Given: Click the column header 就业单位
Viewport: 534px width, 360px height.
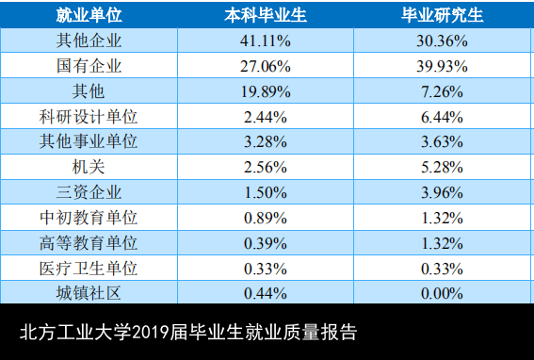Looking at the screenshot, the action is (x=89, y=15).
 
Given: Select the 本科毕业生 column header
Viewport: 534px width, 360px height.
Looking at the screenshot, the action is (x=266, y=15).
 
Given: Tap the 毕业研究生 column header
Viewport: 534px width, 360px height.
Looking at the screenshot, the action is (x=442, y=15).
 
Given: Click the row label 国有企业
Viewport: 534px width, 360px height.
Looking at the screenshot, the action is (x=89, y=66).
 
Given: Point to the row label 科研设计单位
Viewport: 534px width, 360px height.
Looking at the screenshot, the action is (x=89, y=117).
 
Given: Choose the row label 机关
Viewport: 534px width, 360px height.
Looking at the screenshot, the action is (x=89, y=167).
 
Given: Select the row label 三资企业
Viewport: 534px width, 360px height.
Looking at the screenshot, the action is (x=89, y=192).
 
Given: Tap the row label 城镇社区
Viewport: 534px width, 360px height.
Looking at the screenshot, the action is (x=89, y=293).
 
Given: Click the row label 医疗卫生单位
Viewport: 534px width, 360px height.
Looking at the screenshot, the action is (x=89, y=269).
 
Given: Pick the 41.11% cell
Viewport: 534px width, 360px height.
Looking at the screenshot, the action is (x=266, y=41).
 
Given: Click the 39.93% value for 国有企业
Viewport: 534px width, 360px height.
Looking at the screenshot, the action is (x=442, y=66).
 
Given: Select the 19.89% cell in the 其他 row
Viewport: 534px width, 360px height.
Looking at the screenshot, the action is (x=266, y=91).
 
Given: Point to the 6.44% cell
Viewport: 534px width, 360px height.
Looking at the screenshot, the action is (x=442, y=117).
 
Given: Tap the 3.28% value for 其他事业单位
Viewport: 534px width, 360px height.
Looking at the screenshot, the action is (x=266, y=141).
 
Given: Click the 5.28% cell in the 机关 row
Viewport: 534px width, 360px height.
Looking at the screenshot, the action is (x=442, y=168).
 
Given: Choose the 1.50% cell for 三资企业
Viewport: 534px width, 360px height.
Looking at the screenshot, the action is (x=266, y=192).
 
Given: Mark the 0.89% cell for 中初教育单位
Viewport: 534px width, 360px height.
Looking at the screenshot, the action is (x=266, y=218).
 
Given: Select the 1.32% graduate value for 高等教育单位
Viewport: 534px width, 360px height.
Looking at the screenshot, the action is (x=442, y=243).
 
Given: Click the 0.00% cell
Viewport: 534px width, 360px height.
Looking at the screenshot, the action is (x=442, y=293).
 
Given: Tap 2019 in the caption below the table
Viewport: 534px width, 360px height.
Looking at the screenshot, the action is (x=150, y=332).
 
